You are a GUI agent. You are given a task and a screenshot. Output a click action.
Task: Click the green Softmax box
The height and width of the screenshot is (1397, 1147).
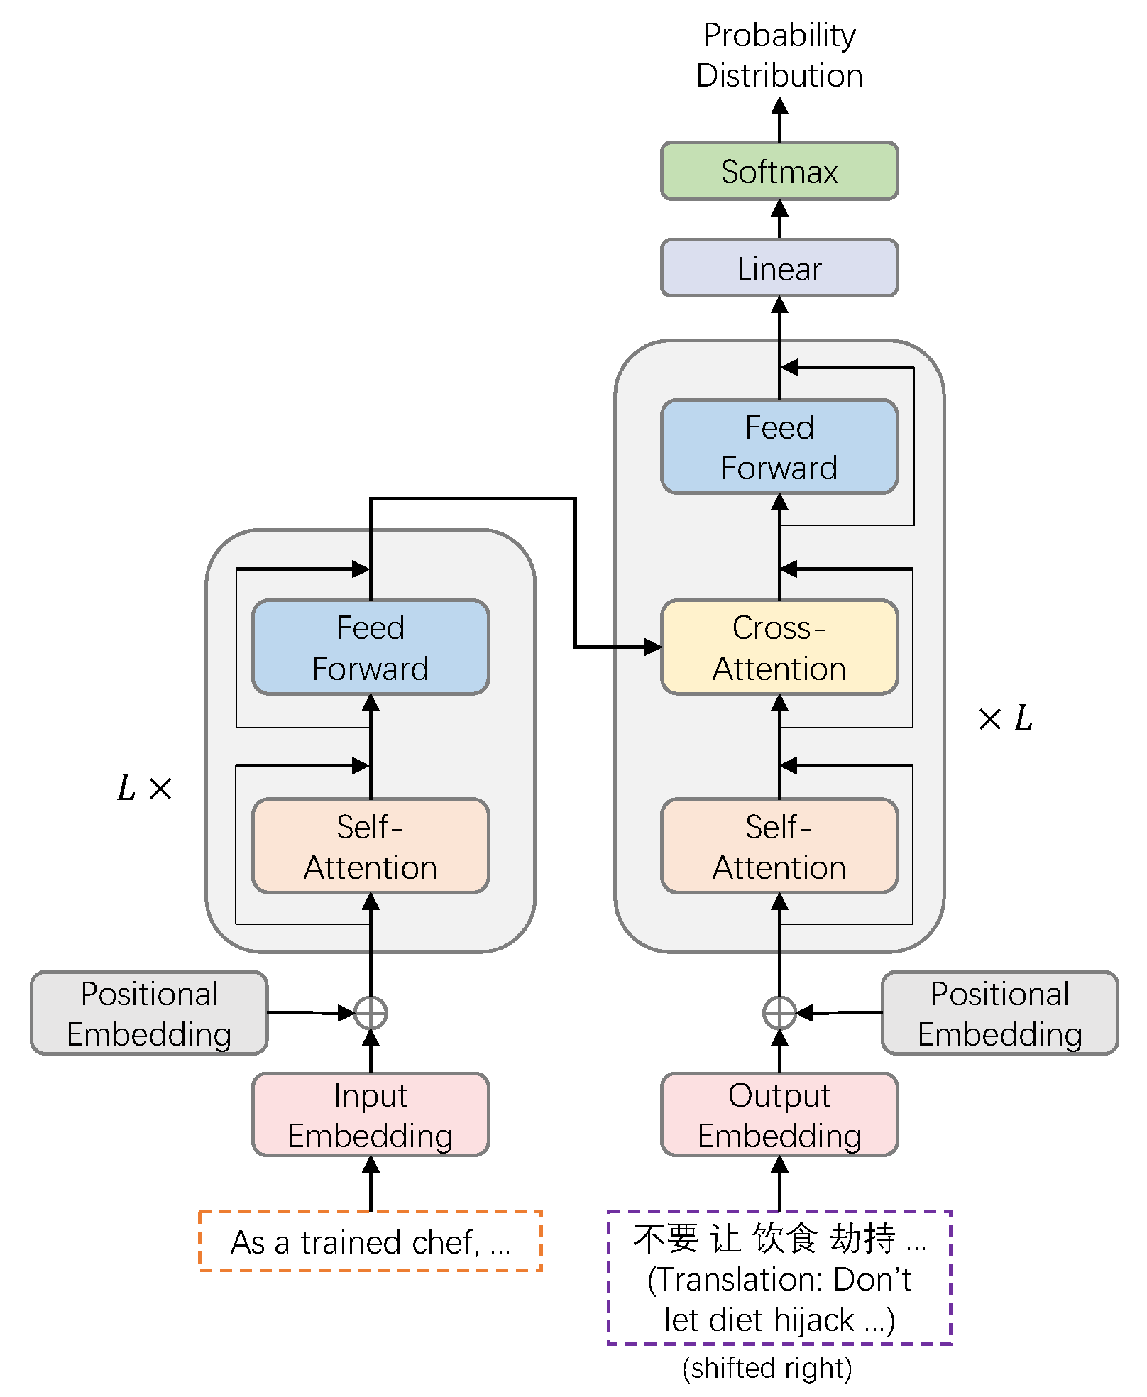pyautogui.click(x=779, y=171)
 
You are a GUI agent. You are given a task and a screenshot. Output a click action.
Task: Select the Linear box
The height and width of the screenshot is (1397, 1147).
pyautogui.click(x=779, y=268)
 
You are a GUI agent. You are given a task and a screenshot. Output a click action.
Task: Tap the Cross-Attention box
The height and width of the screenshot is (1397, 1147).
pyautogui.click(x=779, y=647)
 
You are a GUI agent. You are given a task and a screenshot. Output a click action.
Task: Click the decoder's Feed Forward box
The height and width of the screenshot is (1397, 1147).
pyautogui.click(x=779, y=447)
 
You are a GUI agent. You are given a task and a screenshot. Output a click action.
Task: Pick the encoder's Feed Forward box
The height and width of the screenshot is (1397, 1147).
pyautogui.click(x=371, y=647)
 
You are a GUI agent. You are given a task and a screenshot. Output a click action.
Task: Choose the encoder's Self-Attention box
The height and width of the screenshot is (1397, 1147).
pyautogui.click(x=371, y=845)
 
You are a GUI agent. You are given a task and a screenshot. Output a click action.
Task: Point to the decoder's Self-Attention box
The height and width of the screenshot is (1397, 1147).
pyautogui.click(x=779, y=845)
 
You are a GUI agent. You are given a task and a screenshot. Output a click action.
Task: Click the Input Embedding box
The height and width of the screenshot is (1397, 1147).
pyautogui.click(x=371, y=1114)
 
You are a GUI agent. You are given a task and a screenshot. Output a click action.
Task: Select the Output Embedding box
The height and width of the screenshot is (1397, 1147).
pyautogui.click(x=779, y=1114)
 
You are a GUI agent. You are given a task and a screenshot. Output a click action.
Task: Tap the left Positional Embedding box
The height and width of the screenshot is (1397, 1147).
pyautogui.click(x=149, y=1013)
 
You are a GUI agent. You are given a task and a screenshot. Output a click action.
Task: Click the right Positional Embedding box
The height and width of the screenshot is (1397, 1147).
pyautogui.click(x=999, y=1013)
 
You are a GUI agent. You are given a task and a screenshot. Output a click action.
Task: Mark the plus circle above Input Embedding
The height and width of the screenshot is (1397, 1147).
pyautogui.click(x=371, y=1013)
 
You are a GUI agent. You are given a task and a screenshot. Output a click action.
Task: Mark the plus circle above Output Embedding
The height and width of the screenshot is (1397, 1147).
pyautogui.click(x=779, y=1013)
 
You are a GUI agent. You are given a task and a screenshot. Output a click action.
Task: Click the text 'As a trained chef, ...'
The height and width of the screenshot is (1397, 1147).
pyautogui.click(x=371, y=1242)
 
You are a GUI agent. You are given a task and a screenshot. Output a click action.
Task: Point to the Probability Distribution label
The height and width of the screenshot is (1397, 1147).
pyautogui.click(x=779, y=55)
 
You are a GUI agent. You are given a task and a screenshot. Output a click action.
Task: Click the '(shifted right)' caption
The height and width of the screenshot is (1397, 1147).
pyautogui.click(x=767, y=1367)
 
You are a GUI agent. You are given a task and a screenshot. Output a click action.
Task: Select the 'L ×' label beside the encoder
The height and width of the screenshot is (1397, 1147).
pyautogui.click(x=144, y=788)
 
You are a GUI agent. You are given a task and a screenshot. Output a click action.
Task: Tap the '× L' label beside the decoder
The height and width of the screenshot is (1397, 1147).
pyautogui.click(x=1004, y=718)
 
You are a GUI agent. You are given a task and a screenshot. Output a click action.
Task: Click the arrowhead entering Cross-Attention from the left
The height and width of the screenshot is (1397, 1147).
pyautogui.click(x=652, y=647)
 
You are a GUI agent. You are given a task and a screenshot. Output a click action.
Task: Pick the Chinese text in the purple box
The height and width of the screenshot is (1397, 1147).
pyautogui.click(x=779, y=1238)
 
